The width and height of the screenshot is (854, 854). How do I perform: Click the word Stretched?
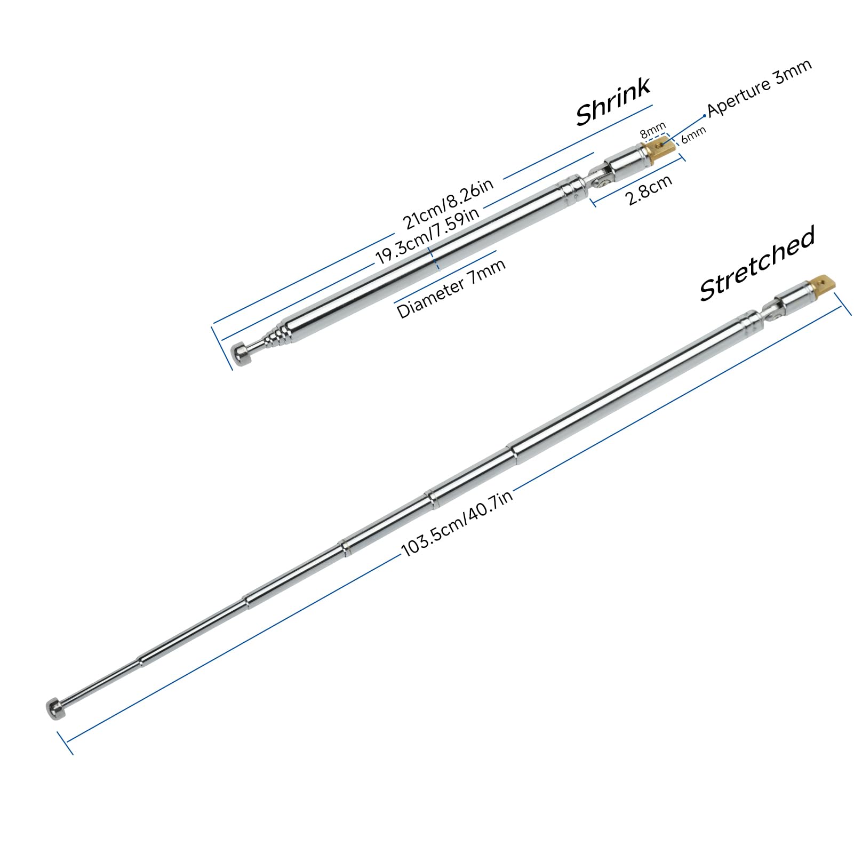[x=757, y=264]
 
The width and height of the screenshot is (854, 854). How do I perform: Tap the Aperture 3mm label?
[x=760, y=87]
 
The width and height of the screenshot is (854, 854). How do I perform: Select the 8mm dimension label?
[x=653, y=130]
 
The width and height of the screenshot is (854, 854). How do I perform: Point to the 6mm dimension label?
[x=693, y=135]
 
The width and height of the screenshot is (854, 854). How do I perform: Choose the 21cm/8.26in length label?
[x=448, y=203]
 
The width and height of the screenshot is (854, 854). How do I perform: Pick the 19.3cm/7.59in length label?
[x=427, y=235]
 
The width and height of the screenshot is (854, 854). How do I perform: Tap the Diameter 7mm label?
[x=451, y=288]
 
